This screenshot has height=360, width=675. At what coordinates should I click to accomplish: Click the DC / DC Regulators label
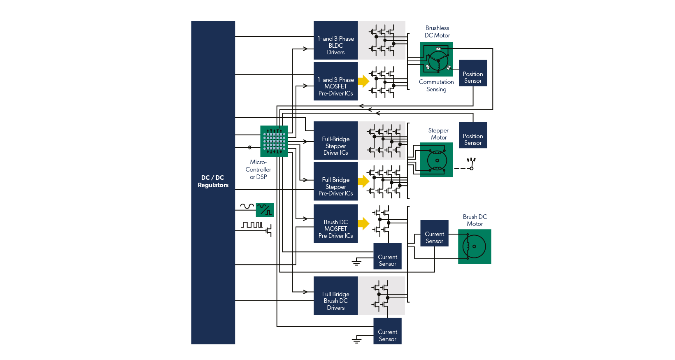click(x=213, y=181)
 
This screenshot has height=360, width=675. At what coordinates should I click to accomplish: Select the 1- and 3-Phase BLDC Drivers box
click(x=335, y=40)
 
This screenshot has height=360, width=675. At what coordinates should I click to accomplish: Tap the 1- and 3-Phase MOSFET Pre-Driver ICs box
click(x=335, y=81)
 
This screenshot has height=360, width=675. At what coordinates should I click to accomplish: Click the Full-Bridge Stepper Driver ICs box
click(x=335, y=141)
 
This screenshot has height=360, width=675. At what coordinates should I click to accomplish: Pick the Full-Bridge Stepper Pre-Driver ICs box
click(x=335, y=181)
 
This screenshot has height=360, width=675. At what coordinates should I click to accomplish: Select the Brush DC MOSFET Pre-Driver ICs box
click(x=335, y=223)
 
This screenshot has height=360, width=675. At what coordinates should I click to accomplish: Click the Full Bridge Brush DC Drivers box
click(x=335, y=295)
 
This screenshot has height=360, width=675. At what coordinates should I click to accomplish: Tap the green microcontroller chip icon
click(x=274, y=141)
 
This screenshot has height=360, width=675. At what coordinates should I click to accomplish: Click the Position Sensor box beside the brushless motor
click(x=473, y=73)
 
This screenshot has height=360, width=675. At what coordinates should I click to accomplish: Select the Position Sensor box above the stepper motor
click(x=473, y=135)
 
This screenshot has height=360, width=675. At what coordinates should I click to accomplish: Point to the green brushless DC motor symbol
click(x=437, y=59)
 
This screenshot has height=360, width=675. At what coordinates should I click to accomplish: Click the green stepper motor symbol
click(x=436, y=160)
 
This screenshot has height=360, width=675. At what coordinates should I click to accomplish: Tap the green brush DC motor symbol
click(x=475, y=246)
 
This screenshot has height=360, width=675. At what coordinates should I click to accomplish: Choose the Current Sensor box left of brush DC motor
click(x=434, y=233)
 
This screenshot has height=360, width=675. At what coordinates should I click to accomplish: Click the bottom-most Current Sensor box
click(x=387, y=331)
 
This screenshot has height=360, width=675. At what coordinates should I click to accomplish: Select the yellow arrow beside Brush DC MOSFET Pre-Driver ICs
click(x=363, y=223)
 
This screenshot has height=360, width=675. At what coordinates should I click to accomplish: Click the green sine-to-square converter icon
click(x=265, y=210)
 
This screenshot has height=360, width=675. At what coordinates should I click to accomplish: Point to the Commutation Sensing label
click(x=436, y=86)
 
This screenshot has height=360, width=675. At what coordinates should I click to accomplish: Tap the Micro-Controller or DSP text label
click(x=258, y=170)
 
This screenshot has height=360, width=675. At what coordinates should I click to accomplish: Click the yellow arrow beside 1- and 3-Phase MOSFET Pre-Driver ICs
click(x=363, y=81)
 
